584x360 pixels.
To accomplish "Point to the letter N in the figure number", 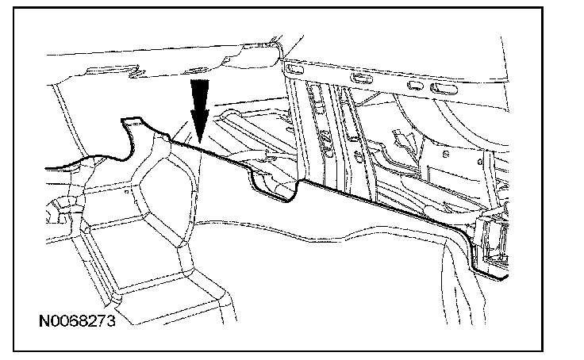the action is tap(44, 323).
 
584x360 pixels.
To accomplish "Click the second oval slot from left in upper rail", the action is tap(361, 78).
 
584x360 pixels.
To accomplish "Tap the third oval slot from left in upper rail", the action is tap(413, 82).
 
